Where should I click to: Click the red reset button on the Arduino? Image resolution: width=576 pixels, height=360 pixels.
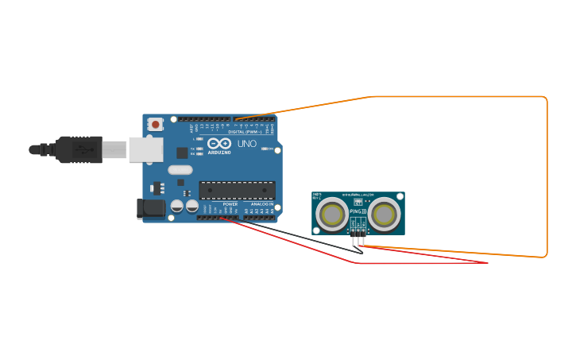pos(156,124)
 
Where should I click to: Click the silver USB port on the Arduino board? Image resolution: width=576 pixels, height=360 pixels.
pos(146,149)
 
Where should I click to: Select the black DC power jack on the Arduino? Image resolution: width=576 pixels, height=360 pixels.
pos(151,209)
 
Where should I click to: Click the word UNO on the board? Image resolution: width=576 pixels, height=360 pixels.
pos(247,144)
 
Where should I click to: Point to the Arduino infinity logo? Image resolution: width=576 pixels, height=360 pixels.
pos(218,143)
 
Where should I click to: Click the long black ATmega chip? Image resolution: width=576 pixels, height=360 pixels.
pos(237,190)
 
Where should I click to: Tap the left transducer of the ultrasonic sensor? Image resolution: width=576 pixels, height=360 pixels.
pos(331,214)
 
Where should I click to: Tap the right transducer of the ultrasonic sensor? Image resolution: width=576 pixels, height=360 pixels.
pos(385,214)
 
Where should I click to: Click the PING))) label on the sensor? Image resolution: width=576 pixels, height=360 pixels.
pos(358,211)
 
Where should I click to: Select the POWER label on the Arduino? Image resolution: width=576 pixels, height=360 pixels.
pos(230,204)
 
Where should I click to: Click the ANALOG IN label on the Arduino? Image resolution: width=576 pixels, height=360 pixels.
pos(261,204)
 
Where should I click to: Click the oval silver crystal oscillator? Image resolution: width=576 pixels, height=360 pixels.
pos(180,169)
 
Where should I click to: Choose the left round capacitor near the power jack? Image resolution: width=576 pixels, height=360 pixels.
pos(176,206)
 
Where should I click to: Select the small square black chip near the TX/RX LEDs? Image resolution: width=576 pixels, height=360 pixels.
pos(182,153)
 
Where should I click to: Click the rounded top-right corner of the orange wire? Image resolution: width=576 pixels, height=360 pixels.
pos(544,99)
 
